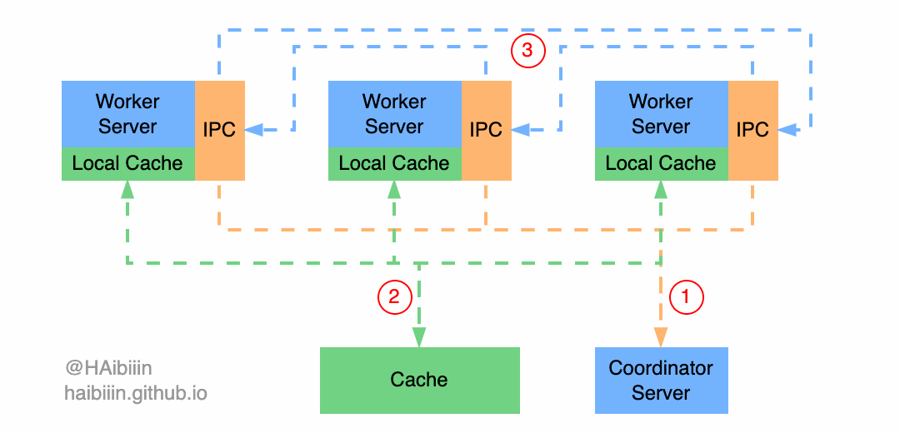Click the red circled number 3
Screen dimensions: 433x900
pyautogui.click(x=527, y=51)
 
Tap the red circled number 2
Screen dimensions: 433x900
pyautogui.click(x=394, y=296)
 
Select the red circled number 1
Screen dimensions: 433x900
pyautogui.click(x=687, y=296)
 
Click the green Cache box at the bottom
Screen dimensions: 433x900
pyautogui.click(x=419, y=380)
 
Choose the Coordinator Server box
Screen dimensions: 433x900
pyautogui.click(x=661, y=380)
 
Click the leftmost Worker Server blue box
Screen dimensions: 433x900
pyautogui.click(x=127, y=114)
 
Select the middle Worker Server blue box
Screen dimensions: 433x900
pyautogui.click(x=394, y=114)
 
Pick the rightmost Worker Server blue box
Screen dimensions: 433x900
pyautogui.click(x=661, y=114)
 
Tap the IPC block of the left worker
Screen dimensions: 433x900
pyautogui.click(x=219, y=130)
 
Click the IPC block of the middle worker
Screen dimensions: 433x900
pyautogui.click(x=486, y=130)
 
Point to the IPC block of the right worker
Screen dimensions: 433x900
pyautogui.click(x=752, y=130)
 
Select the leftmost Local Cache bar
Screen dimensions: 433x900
pyautogui.click(x=127, y=164)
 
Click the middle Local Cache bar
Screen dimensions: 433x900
pyautogui.click(x=394, y=164)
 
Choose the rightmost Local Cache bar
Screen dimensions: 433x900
pyautogui.click(x=661, y=164)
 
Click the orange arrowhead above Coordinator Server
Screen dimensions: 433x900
pyautogui.click(x=661, y=337)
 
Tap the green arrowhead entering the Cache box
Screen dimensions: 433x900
pyautogui.click(x=419, y=337)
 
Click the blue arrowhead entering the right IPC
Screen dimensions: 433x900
pyautogui.click(x=787, y=130)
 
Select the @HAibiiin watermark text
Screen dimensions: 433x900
pyautogui.click(x=108, y=367)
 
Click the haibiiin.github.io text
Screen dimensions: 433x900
pyautogui.click(x=136, y=392)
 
